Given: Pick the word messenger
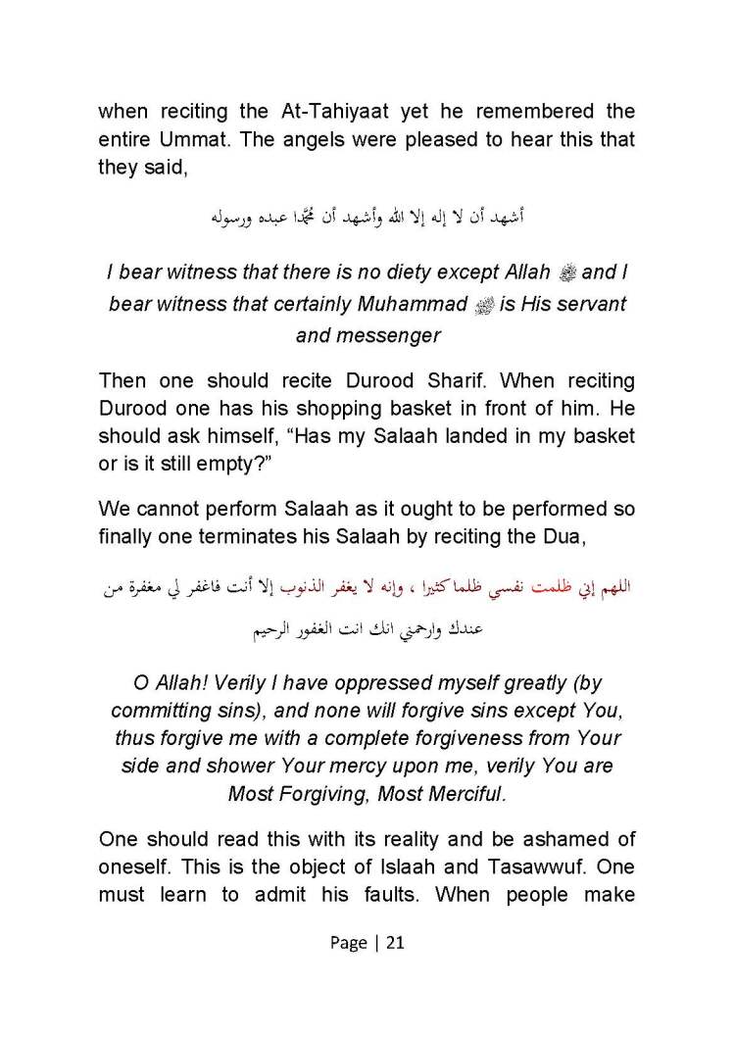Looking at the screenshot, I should (x=390, y=335).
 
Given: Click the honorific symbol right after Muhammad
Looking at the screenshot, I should (x=482, y=305).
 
